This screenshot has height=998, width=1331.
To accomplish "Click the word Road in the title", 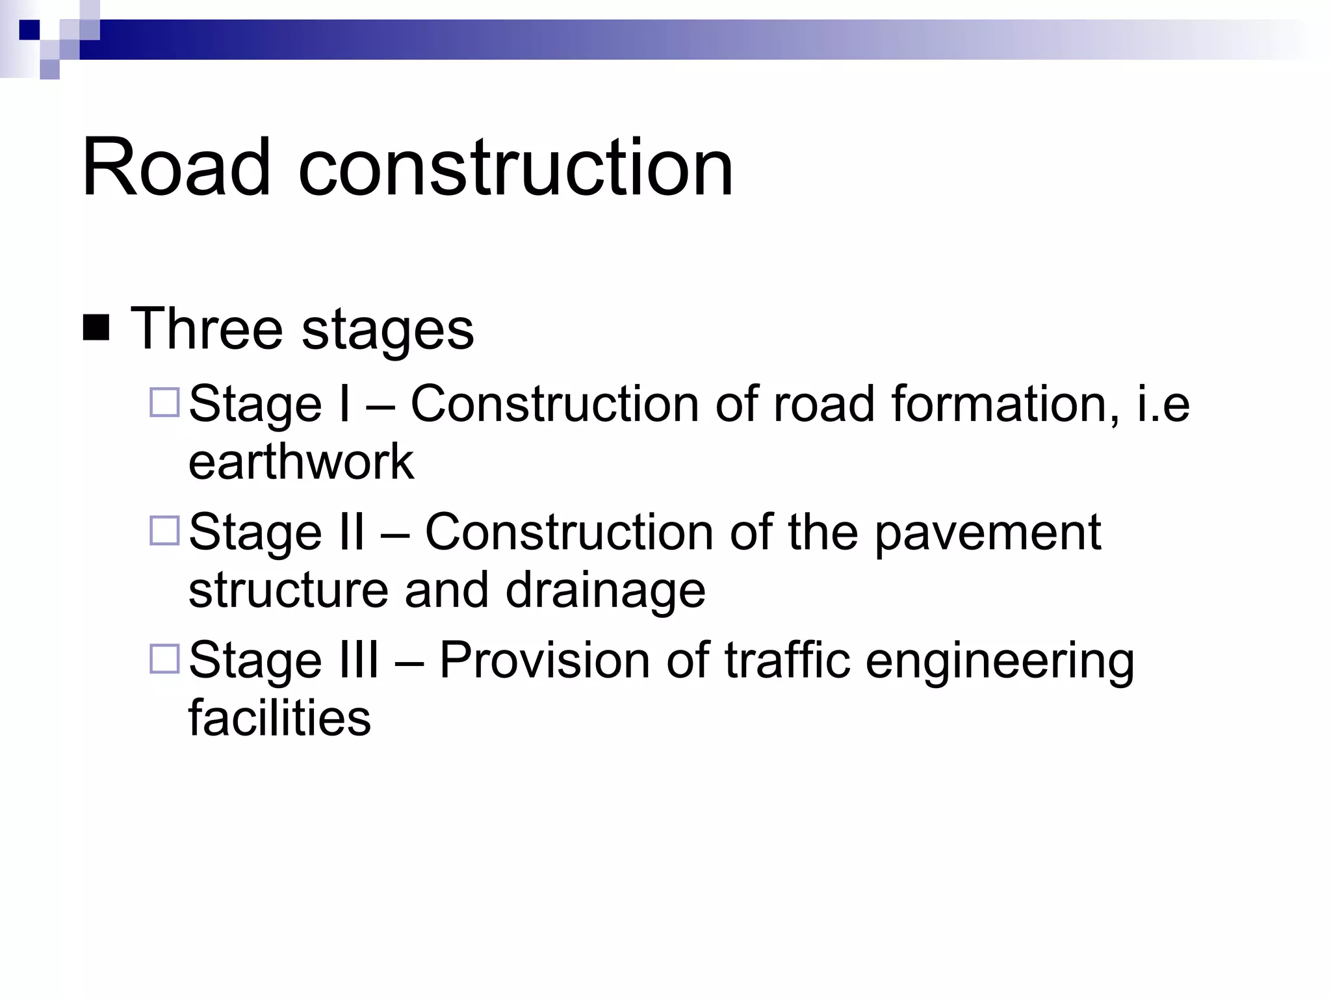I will (175, 168).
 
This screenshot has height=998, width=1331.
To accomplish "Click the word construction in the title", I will (516, 168).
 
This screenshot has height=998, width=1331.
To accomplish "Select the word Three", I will (207, 329).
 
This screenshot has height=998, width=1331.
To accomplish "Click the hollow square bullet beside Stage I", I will (164, 402).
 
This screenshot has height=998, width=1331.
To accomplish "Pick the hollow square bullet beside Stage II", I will (164, 530).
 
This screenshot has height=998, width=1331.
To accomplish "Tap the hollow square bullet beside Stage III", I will (164, 658).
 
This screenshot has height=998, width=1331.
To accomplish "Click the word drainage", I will (605, 591).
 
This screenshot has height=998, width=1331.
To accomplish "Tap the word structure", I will (288, 590).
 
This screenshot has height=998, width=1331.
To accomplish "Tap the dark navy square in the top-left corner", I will (29, 30).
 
